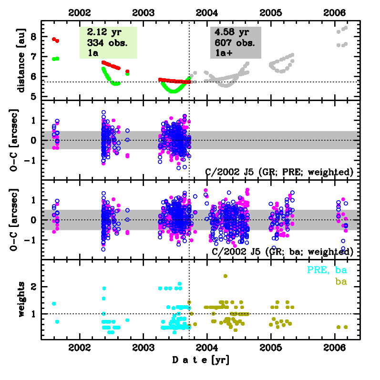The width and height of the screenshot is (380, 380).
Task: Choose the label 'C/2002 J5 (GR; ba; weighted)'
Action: [x=279, y=251]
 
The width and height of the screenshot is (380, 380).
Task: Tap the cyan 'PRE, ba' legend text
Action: [x=326, y=270]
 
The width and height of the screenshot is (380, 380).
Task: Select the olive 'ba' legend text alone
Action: [x=340, y=281]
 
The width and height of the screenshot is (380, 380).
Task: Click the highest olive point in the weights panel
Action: [x=226, y=276]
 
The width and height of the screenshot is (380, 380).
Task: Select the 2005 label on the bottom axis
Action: [x=271, y=349]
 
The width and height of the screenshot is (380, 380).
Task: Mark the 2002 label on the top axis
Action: [x=79, y=12]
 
